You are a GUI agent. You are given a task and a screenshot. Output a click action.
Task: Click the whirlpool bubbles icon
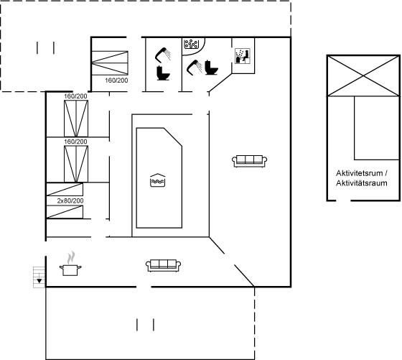191,44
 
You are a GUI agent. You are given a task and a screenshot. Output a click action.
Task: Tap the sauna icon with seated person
243,55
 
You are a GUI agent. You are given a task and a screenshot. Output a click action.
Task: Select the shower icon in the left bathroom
163,55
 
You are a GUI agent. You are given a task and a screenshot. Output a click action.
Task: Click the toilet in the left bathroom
163,73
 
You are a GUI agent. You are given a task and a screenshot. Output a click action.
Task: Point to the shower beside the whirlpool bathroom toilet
195,68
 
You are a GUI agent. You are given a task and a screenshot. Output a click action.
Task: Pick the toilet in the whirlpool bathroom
211,68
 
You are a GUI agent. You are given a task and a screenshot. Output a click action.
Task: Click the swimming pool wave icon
158,180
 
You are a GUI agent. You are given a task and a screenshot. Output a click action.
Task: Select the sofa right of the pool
250,161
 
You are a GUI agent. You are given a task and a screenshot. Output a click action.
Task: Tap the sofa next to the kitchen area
164,265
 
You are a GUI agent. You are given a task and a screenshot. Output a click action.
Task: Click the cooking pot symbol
70,270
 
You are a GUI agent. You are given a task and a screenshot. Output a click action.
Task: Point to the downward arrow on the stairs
39,280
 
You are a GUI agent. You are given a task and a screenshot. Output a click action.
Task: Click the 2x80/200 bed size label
70,200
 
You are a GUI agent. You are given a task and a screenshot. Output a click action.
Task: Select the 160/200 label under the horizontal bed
116,80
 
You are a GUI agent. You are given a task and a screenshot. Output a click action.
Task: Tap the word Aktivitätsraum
362,183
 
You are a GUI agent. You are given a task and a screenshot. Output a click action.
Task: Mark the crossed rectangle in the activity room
363,75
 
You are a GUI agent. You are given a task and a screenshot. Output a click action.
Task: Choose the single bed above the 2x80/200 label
65,190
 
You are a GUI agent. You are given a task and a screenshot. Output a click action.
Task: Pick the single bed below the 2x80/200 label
65,212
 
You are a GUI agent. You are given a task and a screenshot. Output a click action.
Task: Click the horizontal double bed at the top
110,63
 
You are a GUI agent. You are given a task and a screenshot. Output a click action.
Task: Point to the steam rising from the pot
71,258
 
